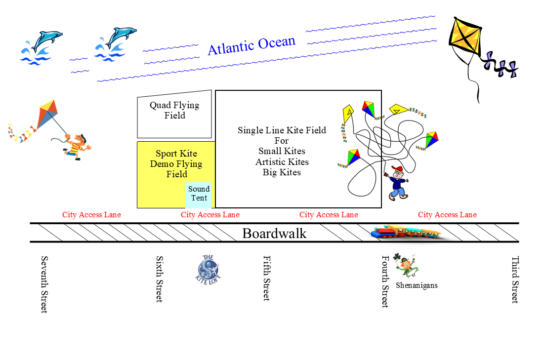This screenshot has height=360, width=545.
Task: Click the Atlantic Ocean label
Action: click(251, 45)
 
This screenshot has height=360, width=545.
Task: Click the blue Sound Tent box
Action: click(199, 193)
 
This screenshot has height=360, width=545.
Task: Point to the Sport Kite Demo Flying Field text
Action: click(175, 164)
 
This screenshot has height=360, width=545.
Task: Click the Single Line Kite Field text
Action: click(282, 151)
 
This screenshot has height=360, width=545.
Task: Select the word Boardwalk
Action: click(275, 233)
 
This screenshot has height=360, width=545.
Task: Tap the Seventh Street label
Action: click(44, 284)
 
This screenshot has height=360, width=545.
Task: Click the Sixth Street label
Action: click(159, 279)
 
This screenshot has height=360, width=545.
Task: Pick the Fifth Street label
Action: click(266, 279)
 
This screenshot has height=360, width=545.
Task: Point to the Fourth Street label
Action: click(385, 282)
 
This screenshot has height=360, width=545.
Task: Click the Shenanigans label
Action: click(417, 285)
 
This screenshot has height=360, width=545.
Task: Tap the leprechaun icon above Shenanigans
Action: click(406, 265)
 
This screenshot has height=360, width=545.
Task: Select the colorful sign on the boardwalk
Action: click(406, 233)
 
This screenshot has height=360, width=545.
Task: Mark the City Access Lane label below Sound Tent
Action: click(210, 214)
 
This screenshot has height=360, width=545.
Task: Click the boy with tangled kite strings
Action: click(397, 180)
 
